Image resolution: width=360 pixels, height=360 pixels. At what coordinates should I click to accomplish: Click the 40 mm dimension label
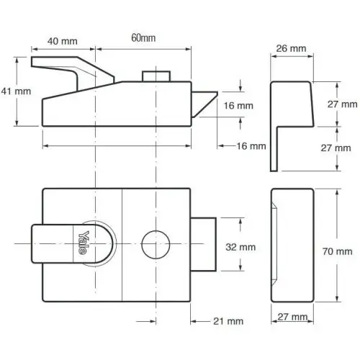click(x=63, y=41)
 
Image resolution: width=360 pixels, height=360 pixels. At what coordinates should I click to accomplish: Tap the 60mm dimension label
click(x=143, y=38)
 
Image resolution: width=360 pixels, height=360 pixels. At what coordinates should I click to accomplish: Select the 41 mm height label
click(x=16, y=91)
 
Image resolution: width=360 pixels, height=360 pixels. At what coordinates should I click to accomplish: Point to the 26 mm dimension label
click(x=291, y=48)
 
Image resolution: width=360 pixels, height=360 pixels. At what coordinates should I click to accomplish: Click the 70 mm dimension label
click(x=337, y=251)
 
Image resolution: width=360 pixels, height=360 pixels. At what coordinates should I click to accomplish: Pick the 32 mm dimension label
click(x=240, y=247)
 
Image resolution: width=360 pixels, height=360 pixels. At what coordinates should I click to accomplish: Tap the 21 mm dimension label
click(x=228, y=321)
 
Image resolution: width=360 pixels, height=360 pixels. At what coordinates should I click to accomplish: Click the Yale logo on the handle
click(x=82, y=243)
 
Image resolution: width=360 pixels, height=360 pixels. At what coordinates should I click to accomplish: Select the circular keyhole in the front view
click(x=156, y=245)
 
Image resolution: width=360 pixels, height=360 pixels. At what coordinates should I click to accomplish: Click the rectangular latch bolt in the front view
click(x=203, y=244)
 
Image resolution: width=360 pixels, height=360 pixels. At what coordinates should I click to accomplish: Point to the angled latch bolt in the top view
click(x=204, y=104)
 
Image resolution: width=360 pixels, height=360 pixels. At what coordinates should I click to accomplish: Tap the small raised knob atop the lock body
click(x=156, y=76)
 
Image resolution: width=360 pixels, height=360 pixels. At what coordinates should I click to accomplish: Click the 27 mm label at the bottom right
click(x=292, y=317)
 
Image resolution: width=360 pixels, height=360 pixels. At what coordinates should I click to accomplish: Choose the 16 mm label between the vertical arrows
click(x=238, y=106)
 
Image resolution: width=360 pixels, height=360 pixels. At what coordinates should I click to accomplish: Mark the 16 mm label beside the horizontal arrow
click(x=251, y=146)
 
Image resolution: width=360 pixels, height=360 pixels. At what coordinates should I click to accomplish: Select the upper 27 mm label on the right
click(x=342, y=104)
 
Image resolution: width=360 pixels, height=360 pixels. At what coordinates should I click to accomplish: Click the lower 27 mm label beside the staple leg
click(x=336, y=148)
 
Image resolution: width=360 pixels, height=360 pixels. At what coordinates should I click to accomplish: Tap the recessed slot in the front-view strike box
click(x=274, y=244)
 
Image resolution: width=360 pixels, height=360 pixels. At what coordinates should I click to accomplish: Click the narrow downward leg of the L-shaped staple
click(x=274, y=149)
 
